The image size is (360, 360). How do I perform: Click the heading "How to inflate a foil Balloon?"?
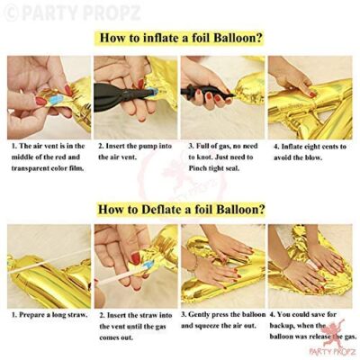(x=181, y=38)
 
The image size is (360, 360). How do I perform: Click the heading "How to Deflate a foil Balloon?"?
(x=182, y=209)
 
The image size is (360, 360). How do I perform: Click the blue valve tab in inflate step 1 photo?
(x=56, y=100)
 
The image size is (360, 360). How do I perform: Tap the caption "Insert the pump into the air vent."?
(x=135, y=151)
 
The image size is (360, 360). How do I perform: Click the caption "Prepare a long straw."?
(x=49, y=315)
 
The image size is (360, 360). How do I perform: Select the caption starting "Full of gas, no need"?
(x=223, y=157)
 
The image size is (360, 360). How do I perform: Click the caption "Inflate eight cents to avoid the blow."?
(x=310, y=152)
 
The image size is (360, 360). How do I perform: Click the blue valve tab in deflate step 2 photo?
(x=148, y=265)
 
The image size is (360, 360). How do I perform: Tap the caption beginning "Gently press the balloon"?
(x=223, y=319)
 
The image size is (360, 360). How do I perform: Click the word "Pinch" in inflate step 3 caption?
(x=197, y=168)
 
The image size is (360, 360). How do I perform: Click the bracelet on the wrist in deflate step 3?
(x=195, y=264)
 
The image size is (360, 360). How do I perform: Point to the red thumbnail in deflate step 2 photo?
(x=136, y=258)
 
